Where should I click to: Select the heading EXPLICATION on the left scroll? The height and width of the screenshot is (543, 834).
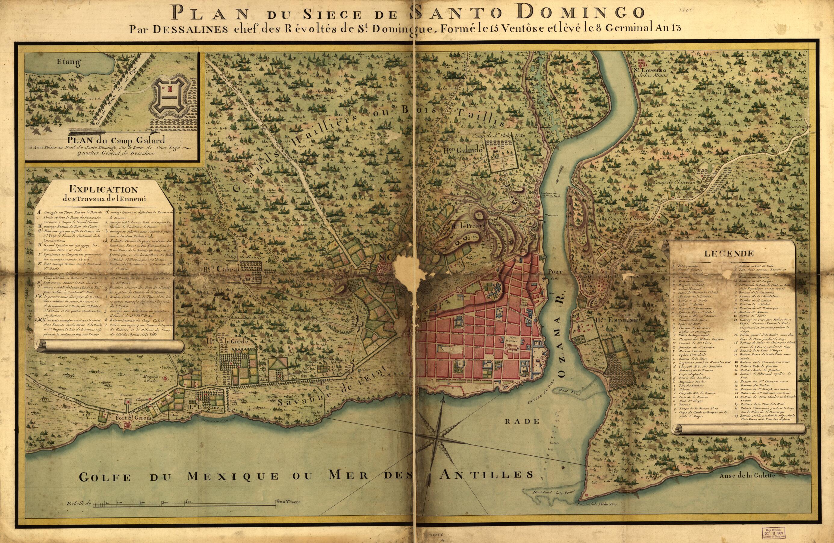click(x=103, y=189)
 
